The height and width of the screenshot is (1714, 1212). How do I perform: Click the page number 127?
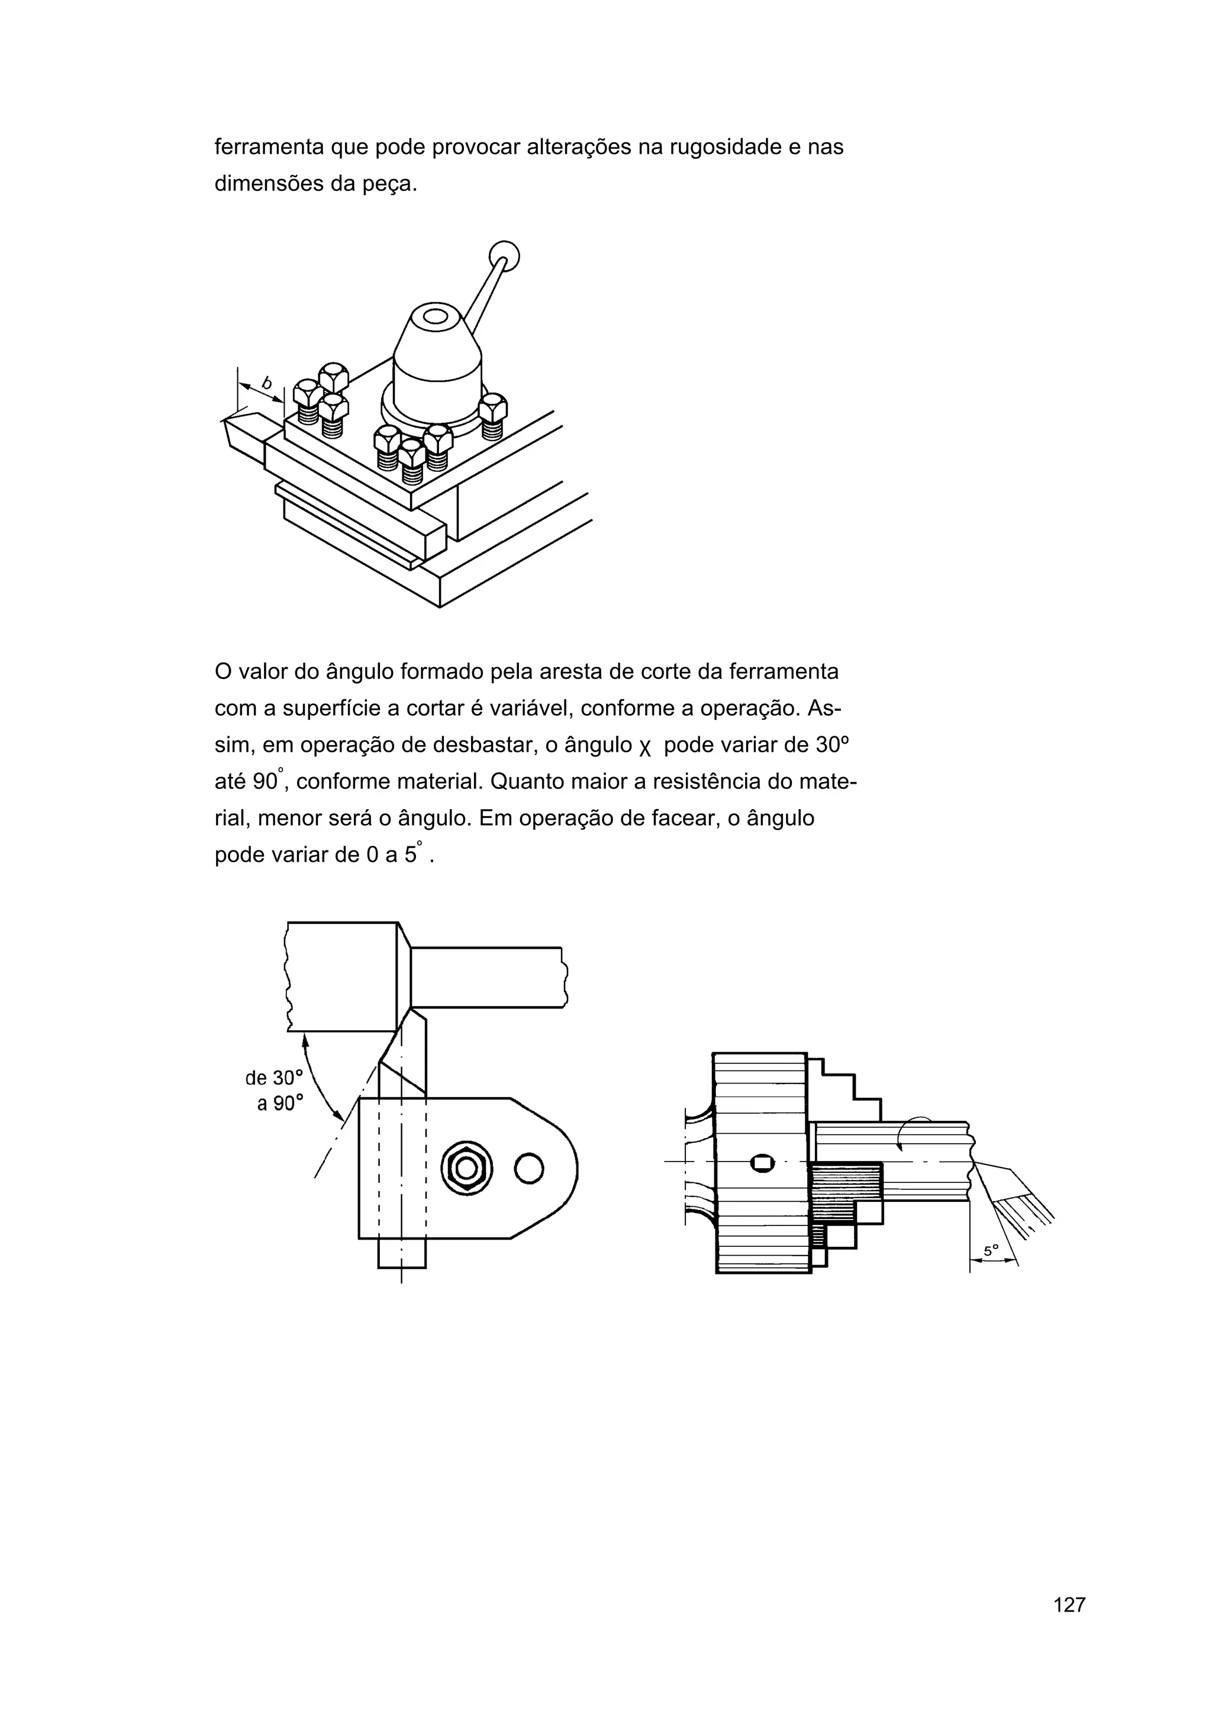coord(1069,1625)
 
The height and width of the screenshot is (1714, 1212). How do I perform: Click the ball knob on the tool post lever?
coord(504,256)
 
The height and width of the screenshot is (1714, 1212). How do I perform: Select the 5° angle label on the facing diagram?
coord(990,1250)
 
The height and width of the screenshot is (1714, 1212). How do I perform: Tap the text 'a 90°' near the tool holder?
coord(280,1104)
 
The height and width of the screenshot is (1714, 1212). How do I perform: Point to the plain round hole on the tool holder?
coord(528,1168)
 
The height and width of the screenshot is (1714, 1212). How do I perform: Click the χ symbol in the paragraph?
coord(645,746)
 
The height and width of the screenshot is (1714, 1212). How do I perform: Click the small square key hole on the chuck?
coord(762,1162)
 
